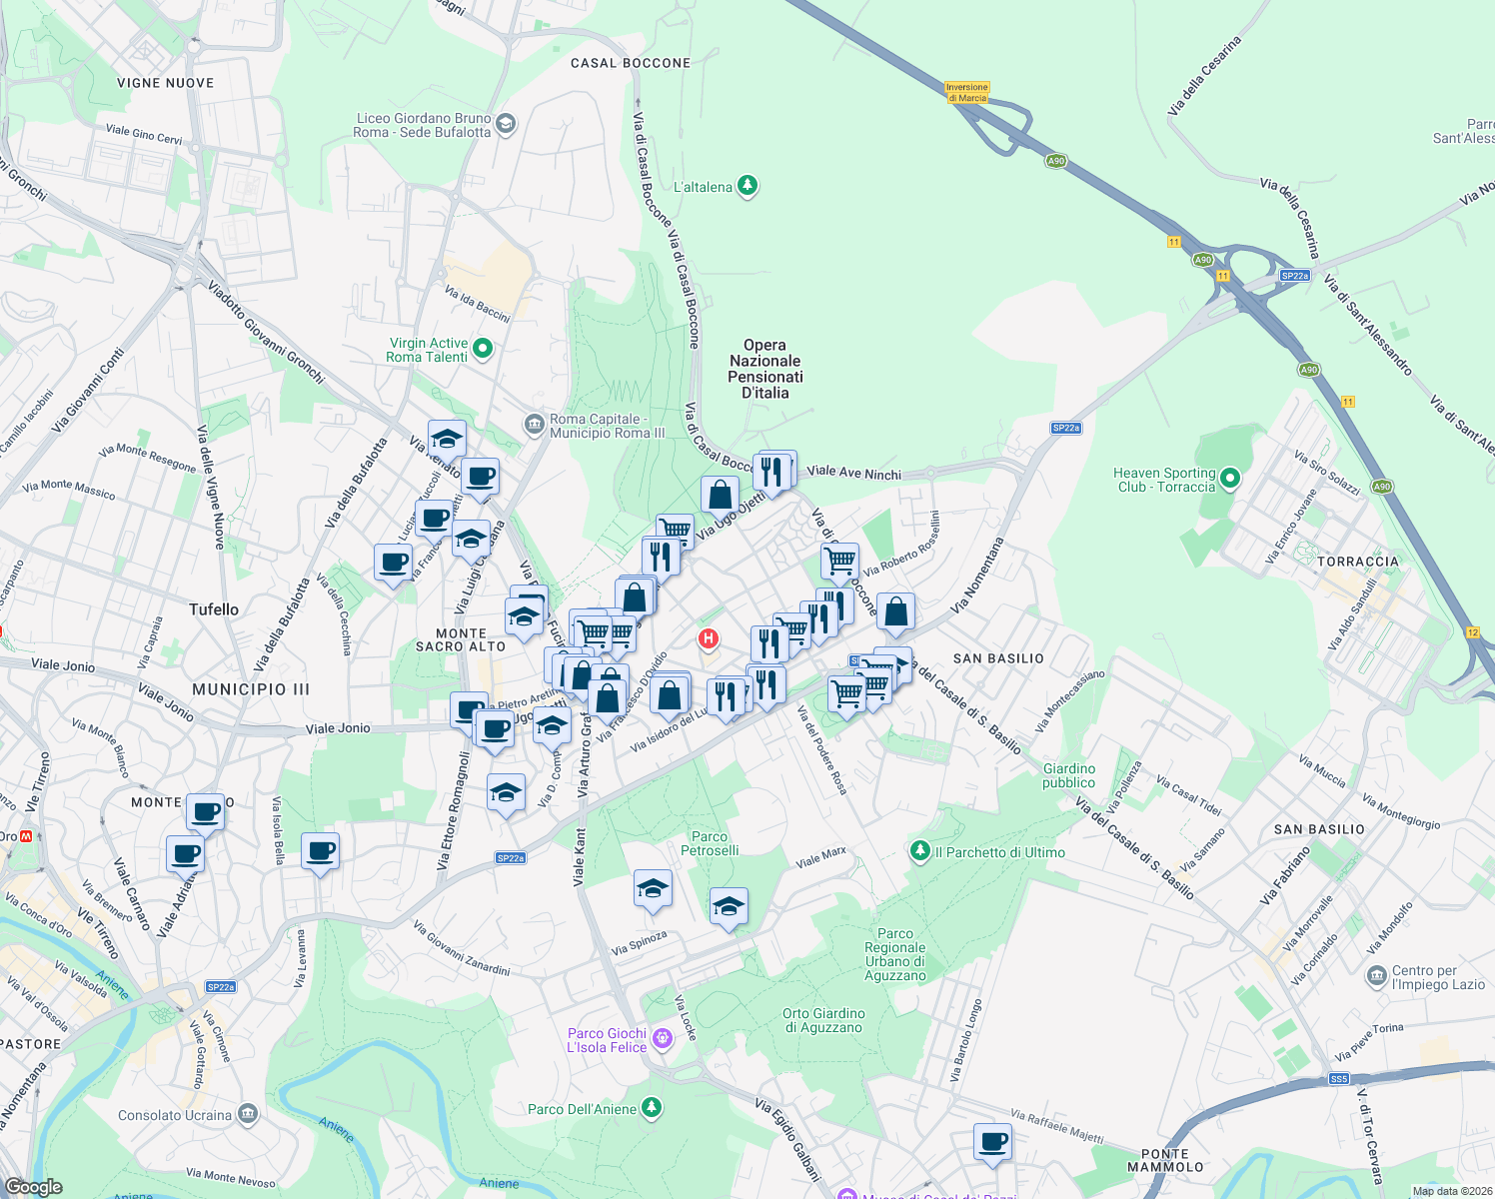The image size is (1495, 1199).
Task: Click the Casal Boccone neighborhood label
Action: point(631,63)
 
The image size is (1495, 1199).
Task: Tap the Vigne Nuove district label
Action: point(165,83)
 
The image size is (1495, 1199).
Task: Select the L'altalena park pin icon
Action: point(747,186)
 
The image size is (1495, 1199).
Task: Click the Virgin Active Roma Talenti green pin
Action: point(483,349)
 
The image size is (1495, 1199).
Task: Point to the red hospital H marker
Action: point(708,638)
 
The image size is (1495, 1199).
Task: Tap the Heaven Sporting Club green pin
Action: point(1230,479)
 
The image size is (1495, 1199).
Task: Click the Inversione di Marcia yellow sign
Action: point(967,92)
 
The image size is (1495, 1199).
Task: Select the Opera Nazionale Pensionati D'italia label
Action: point(765,369)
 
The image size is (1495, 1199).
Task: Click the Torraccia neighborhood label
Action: point(1358,562)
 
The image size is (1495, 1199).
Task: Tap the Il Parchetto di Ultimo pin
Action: point(919,851)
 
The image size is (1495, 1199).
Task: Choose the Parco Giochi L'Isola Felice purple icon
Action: point(662,1041)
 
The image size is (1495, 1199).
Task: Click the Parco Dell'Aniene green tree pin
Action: point(652,1107)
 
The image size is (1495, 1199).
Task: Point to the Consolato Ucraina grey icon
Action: point(248,1114)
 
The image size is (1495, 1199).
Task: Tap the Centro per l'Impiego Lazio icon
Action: point(1376,974)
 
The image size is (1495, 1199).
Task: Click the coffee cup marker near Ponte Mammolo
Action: point(992,1141)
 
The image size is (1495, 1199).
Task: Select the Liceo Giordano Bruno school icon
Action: point(505,124)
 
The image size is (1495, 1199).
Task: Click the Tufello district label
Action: point(214,609)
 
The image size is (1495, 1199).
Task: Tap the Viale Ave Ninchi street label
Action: point(853,473)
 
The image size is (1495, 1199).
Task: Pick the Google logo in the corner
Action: point(33,1186)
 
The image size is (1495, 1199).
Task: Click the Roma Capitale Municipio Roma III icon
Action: point(534,426)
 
